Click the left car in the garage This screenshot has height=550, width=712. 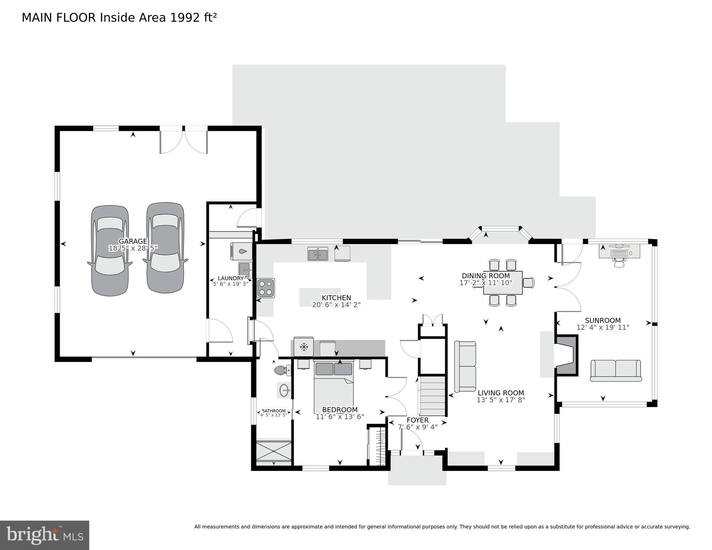[x=110, y=251]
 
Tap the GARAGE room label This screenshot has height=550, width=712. [x=133, y=241]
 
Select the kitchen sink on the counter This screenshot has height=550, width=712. [x=317, y=254]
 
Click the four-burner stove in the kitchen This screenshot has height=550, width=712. [x=266, y=288]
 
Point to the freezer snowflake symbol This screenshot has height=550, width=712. [x=304, y=346]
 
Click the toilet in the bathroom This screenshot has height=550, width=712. [x=282, y=370]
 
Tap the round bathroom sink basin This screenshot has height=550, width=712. [x=284, y=390]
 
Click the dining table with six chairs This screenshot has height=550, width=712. [x=503, y=283]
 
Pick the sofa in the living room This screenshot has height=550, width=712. [x=465, y=366]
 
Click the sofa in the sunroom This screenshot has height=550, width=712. [x=616, y=370]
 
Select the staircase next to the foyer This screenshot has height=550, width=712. [x=432, y=395]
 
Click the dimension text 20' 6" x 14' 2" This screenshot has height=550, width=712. [x=336, y=305]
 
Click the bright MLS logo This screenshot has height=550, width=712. [x=44, y=535]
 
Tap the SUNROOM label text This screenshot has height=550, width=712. [x=603, y=320]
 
